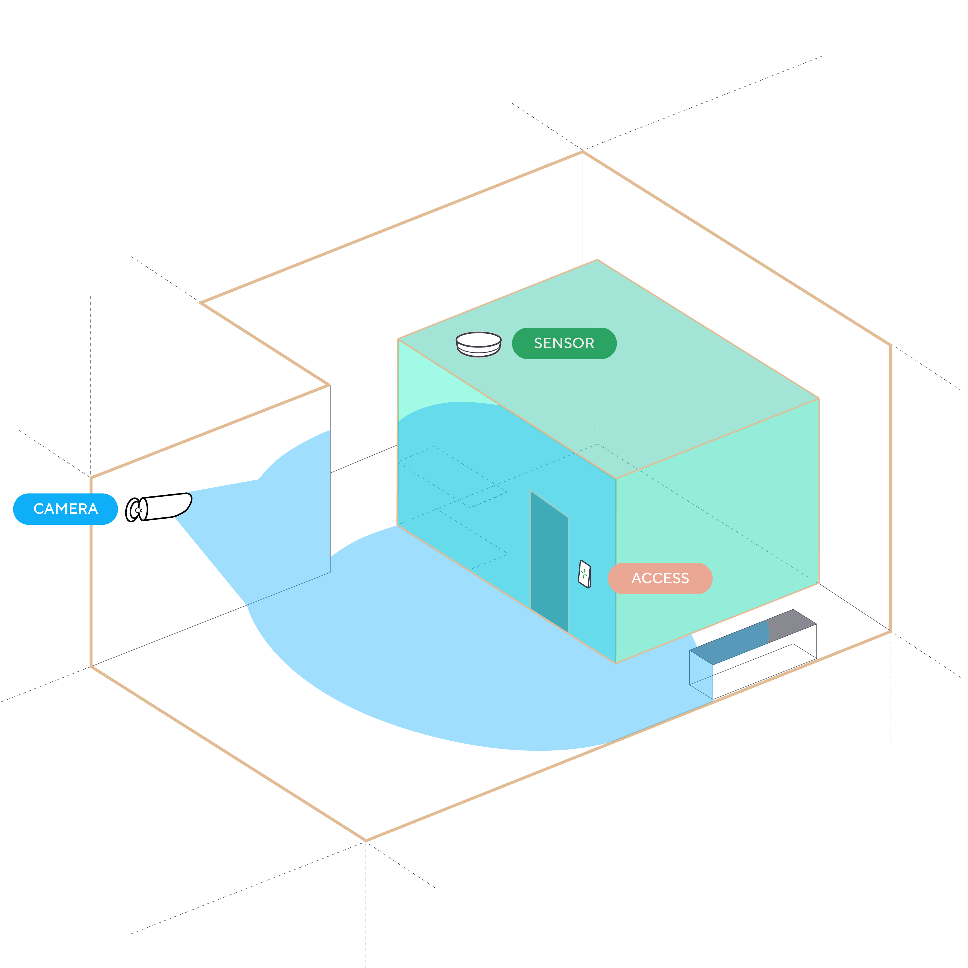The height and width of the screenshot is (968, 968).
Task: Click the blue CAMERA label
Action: point(65,509)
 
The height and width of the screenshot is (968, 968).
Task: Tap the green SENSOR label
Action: point(564,343)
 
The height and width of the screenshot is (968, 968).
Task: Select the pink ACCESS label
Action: point(660,578)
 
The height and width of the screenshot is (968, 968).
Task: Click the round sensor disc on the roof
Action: point(479,344)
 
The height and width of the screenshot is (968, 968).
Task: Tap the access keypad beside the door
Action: point(584,574)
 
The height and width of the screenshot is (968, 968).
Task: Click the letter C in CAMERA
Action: point(39,509)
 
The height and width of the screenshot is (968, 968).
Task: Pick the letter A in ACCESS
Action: point(637,578)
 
